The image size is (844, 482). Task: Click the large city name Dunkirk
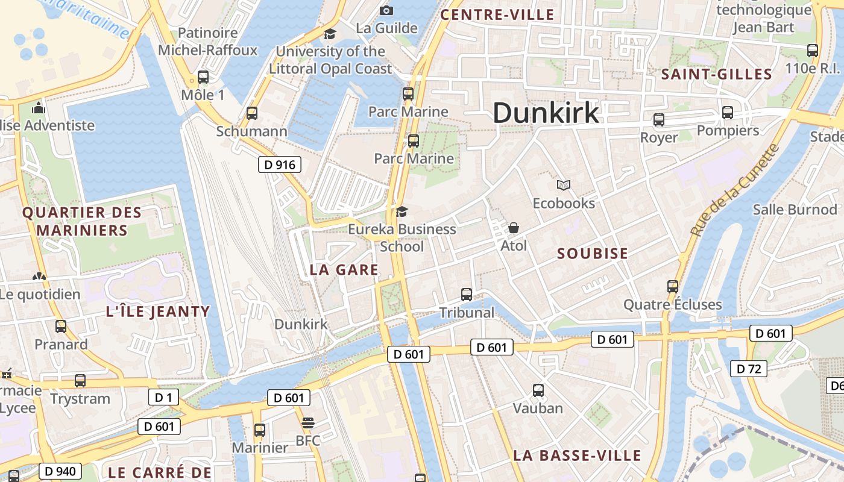(546, 113)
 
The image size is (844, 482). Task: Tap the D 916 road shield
(280, 164)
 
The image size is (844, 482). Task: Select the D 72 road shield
(749, 369)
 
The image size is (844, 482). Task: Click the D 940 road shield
(60, 471)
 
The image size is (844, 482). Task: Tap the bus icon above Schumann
(252, 113)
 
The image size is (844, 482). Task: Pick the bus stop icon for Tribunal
(467, 295)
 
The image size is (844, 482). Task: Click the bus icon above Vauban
(538, 390)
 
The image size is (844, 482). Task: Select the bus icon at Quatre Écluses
(673, 287)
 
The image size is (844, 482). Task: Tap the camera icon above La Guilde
(386, 10)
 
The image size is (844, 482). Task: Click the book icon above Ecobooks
(564, 186)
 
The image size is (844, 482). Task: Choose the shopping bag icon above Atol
(514, 228)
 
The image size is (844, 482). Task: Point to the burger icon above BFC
(308, 423)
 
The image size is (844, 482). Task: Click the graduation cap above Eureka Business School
(402, 211)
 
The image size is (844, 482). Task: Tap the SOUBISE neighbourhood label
(593, 254)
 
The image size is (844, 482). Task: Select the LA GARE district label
(344, 271)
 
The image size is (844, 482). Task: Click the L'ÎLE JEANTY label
(158, 312)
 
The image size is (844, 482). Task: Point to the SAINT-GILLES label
(717, 75)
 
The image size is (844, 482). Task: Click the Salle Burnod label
(795, 210)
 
